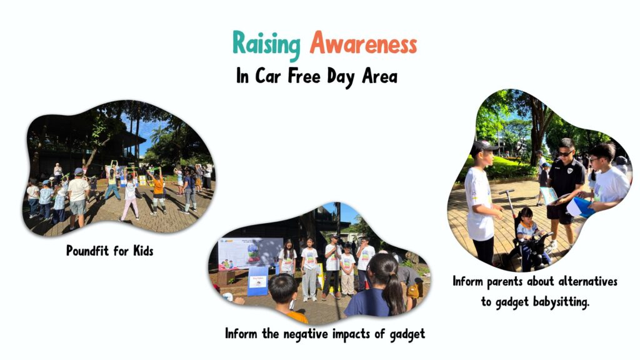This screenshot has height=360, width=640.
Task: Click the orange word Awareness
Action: pyautogui.click(x=363, y=43)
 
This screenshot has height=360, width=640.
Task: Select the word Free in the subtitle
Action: pyautogui.click(x=304, y=76)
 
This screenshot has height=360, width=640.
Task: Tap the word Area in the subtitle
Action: pyautogui.click(x=379, y=76)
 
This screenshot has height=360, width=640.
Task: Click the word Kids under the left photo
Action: pyautogui.click(x=143, y=250)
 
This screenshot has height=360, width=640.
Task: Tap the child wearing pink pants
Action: pyautogui.click(x=129, y=199)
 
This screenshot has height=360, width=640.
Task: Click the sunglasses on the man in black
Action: pyautogui.click(x=565, y=154)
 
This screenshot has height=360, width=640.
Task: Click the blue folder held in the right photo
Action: pyautogui.click(x=580, y=207)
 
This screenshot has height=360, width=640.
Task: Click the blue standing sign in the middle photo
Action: pyautogui.click(x=257, y=281)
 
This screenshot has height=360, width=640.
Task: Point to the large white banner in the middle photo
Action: pyautogui.click(x=251, y=254)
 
